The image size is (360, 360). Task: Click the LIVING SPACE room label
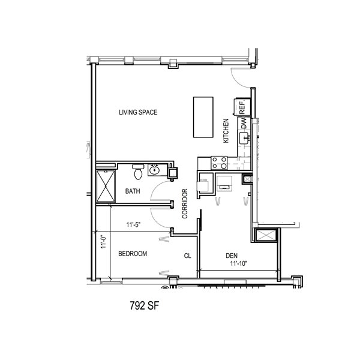pyautogui.click(x=138, y=112)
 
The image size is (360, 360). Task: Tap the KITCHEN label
pyautogui.click(x=226, y=131)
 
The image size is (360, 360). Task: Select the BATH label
pyautogui.click(x=133, y=191)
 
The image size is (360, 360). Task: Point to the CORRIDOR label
pyautogui.click(x=185, y=203)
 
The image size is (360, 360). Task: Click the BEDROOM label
pyautogui.click(x=133, y=253)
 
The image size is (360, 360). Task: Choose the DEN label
pyautogui.click(x=232, y=256)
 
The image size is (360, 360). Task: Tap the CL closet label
pyautogui.click(x=188, y=256)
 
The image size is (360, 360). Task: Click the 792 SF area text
pyautogui.click(x=145, y=305)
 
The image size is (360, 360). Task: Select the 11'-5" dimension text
pyautogui.click(x=133, y=224)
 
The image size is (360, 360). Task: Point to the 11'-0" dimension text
pyautogui.click(x=104, y=241)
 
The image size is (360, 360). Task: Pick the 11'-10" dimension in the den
pyautogui.click(x=239, y=263)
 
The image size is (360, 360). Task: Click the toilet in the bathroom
pyautogui.click(x=138, y=172)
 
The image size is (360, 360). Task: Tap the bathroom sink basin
pyautogui.click(x=155, y=170)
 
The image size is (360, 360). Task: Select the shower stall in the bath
pyautogui.click(x=106, y=186)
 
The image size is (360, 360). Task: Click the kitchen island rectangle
pyautogui.click(x=203, y=117)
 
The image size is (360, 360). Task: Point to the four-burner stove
pyautogui.click(x=219, y=163)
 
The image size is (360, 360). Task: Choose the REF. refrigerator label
pyautogui.click(x=242, y=108)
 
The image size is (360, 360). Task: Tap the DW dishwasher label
pyautogui.click(x=244, y=123)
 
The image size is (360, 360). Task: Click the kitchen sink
pyautogui.click(x=245, y=138)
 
